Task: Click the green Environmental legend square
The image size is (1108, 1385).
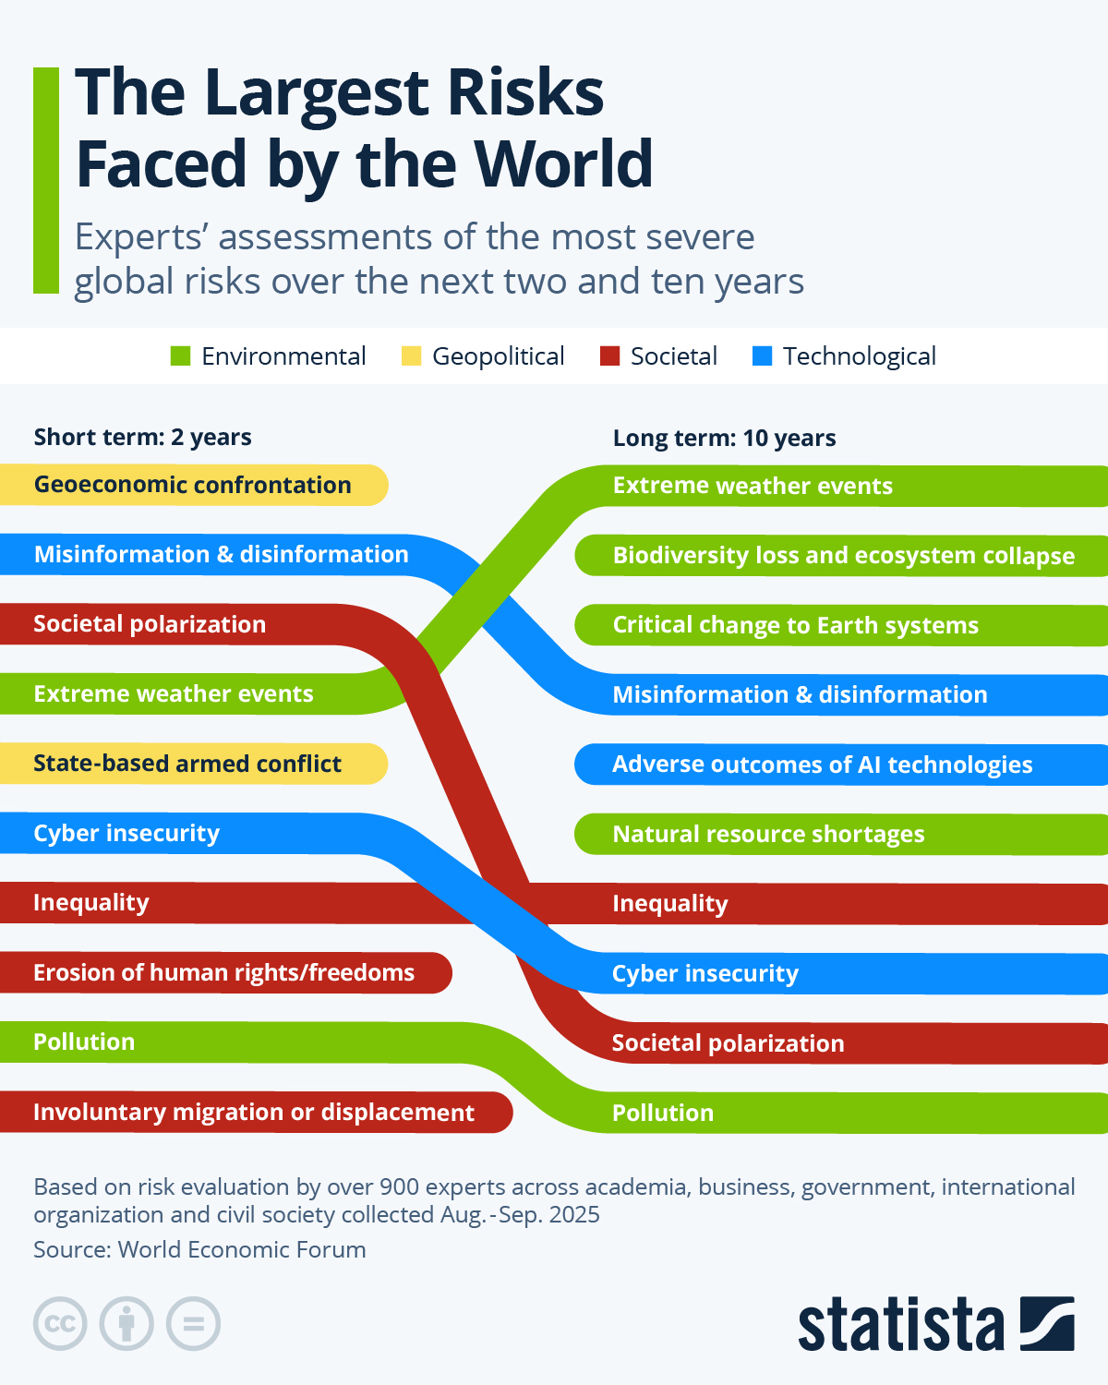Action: pos(180,356)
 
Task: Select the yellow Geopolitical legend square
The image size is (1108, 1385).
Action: pos(411,356)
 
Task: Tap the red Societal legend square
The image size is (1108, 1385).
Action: pos(609,356)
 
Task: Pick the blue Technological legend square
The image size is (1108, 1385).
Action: pos(762,356)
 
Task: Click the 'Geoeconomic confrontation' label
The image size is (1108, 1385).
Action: pos(192,485)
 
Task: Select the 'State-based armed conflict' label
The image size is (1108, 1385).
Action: pos(187,764)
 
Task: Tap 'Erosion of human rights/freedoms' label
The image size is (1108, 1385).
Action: pos(223,972)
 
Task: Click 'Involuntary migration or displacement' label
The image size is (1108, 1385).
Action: pos(254,1112)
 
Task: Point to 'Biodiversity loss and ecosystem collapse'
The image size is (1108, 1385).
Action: pos(843,556)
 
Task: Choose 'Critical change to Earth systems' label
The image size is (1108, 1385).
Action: pos(795,625)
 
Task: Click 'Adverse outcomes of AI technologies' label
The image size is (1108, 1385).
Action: pos(822,765)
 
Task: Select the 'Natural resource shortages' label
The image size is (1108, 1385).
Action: pos(768,834)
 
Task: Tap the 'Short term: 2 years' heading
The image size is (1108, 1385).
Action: pos(142,437)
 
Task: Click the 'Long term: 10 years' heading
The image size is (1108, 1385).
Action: pos(724,438)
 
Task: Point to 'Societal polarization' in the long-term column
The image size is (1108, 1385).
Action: pos(728,1043)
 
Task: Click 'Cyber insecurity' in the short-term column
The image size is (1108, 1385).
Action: pos(126,833)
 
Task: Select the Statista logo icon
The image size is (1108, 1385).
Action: pos(1046,1323)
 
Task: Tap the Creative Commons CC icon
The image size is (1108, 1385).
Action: pos(60,1323)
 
